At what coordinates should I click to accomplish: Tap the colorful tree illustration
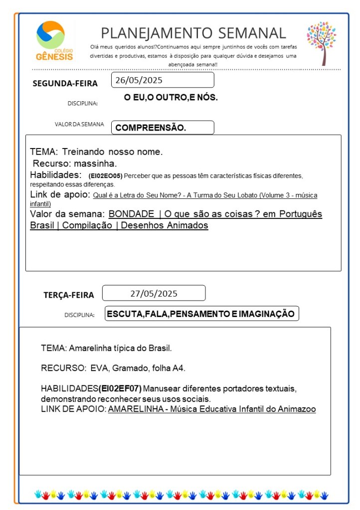coord(321,42)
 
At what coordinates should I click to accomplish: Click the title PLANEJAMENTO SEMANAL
coord(193,33)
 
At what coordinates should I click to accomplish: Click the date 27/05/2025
coord(154,293)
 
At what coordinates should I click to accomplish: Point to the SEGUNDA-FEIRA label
coord(65,83)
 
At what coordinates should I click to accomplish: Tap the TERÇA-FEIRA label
coord(68,295)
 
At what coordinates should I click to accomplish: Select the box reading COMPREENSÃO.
coord(162,128)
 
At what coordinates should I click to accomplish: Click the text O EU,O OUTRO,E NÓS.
coord(171,98)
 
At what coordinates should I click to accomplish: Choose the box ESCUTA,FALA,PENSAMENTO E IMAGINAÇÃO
coord(202,314)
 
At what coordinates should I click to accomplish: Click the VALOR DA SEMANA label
coord(79,125)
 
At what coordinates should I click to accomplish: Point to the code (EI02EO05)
coord(105,176)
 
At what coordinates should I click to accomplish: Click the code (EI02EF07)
coord(120,388)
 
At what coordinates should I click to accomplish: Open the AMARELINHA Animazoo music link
coord(211,410)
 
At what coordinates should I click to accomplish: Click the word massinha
coord(95,164)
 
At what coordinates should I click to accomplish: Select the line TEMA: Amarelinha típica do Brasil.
coord(106,347)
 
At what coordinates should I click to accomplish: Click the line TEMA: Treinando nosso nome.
coord(96,152)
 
